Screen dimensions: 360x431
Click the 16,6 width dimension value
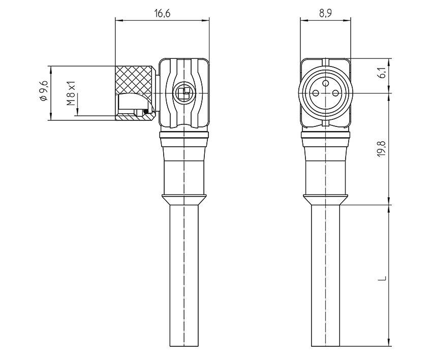162,14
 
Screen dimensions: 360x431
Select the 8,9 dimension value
326,14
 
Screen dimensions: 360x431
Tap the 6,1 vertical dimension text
382,74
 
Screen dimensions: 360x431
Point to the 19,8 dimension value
382,149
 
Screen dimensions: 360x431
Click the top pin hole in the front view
326,81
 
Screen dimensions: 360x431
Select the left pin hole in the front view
316,93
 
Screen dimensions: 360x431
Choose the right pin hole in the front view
335,93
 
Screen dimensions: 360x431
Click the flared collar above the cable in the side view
184,200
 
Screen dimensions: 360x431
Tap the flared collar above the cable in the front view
326,200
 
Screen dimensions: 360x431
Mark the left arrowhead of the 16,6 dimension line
118,20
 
